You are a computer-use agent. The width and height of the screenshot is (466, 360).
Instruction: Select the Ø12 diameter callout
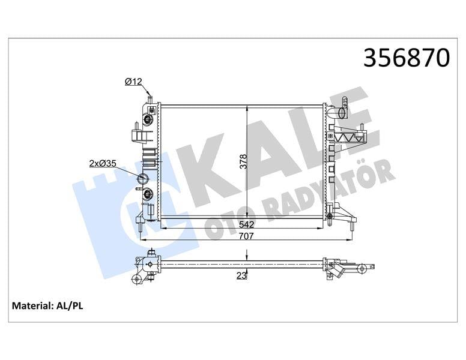133,82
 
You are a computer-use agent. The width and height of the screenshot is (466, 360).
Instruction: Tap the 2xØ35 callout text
103,162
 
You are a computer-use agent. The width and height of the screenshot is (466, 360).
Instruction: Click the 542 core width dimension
246,224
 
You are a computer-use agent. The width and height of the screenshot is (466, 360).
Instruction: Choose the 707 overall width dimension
246,236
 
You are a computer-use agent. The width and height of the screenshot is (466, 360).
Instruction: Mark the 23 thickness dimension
241,276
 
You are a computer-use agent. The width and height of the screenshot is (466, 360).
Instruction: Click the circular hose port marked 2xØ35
144,178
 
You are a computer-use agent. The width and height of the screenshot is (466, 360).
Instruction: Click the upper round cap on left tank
148,119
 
